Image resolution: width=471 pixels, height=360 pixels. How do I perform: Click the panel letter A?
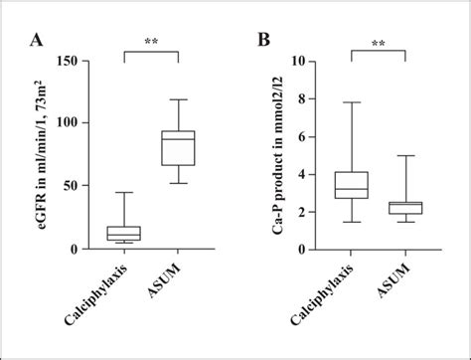click(37, 40)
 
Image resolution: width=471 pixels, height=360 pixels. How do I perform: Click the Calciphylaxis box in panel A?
click(124, 234)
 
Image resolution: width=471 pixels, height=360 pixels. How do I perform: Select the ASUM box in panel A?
click(179, 147)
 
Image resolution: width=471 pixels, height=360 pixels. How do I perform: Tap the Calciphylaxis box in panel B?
click(353, 185)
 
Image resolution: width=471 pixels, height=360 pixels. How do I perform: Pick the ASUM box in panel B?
click(405, 208)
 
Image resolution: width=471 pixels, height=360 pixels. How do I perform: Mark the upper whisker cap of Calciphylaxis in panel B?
click(353, 102)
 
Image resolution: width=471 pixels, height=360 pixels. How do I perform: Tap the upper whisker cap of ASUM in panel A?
click(179, 99)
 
